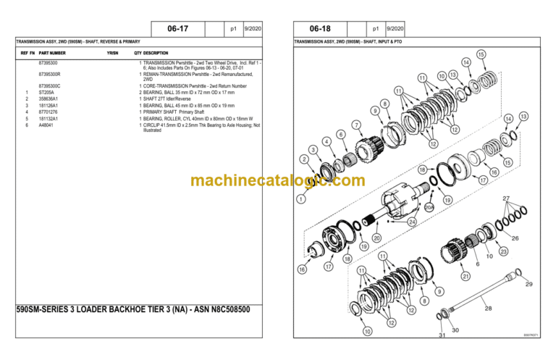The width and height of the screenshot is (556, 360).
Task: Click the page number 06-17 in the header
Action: point(177,29)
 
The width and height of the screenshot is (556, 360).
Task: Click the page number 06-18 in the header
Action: point(320,29)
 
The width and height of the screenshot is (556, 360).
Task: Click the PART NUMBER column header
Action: point(52,54)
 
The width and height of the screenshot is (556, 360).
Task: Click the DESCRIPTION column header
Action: point(156,54)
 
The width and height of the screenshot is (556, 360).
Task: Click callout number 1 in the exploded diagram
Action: point(300,198)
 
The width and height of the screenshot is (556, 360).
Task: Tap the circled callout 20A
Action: point(429,207)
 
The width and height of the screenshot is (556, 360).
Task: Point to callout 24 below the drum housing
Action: point(412,221)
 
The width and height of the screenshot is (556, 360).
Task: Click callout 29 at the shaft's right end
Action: point(528,283)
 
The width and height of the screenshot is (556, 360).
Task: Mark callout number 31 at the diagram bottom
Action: point(442,335)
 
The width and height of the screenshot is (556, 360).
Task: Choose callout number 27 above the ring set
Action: point(507,198)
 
